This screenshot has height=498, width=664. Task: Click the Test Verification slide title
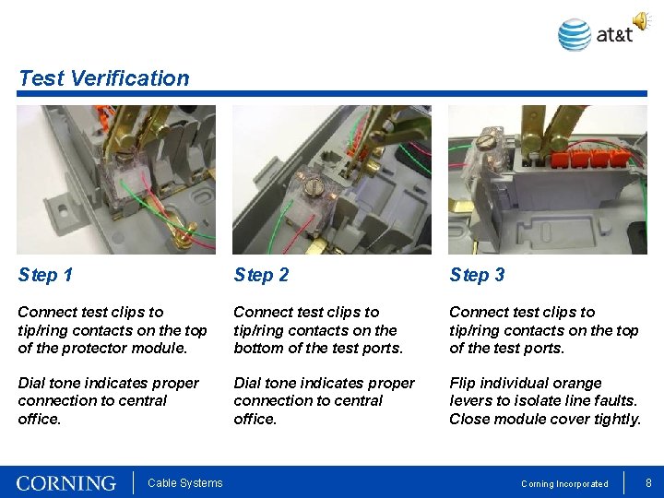click(x=103, y=78)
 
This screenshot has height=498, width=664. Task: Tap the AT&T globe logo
click(x=575, y=35)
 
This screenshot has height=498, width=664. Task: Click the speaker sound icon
click(x=639, y=20)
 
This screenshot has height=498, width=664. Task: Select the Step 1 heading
click(x=45, y=275)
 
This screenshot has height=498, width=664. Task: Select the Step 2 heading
click(x=261, y=275)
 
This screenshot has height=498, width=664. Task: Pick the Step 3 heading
click(x=477, y=275)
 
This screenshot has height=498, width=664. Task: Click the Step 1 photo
click(x=116, y=179)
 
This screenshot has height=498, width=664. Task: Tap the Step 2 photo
click(x=331, y=179)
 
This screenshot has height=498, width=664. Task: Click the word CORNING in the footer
click(x=66, y=483)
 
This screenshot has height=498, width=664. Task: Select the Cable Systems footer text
click(x=184, y=483)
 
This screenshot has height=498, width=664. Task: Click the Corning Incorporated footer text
click(x=564, y=484)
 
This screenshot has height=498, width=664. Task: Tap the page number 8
click(x=648, y=482)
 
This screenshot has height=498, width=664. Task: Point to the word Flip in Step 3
click(x=464, y=383)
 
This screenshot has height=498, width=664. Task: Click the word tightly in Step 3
click(x=616, y=419)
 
